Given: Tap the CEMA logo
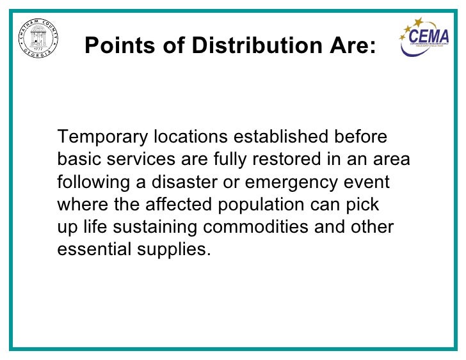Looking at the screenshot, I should [424, 38].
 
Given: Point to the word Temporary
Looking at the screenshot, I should [103, 137].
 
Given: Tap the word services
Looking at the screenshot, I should [135, 160].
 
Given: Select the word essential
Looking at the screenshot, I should [93, 250].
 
